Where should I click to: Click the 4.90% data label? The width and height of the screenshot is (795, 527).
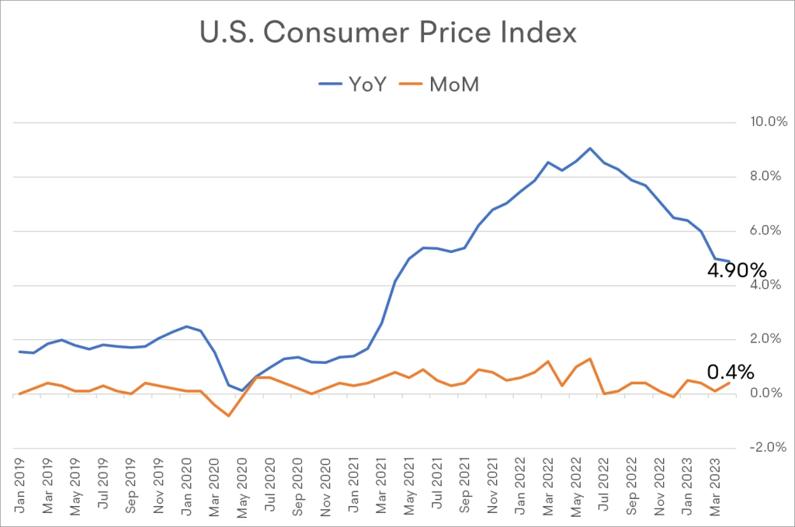point(737,271)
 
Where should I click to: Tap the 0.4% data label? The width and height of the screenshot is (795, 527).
point(731,373)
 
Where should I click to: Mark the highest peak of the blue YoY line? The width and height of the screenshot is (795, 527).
point(590,147)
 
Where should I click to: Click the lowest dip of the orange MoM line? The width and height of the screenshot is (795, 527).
point(228,416)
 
